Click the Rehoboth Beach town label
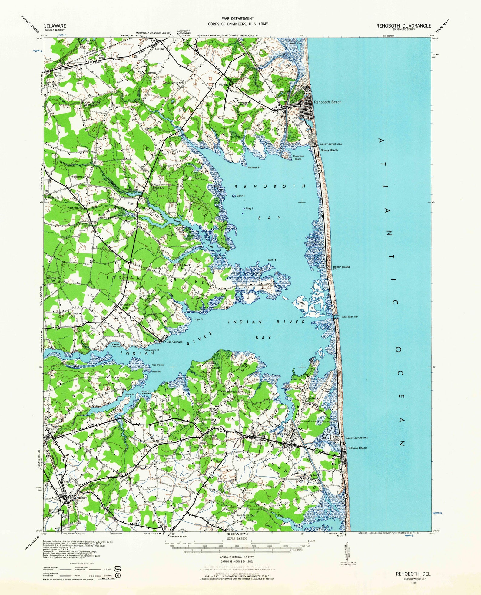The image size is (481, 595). [327, 102]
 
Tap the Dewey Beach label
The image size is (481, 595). [329, 150]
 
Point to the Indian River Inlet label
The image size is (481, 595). [350, 317]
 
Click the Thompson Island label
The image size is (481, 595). [298, 157]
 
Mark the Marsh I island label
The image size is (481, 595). [240, 196]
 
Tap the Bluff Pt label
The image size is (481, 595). [272, 260]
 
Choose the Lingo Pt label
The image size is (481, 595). [198, 319]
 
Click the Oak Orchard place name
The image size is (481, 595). [174, 342]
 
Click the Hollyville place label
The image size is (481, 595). [54, 197]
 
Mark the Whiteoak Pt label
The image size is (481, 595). [254, 167]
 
